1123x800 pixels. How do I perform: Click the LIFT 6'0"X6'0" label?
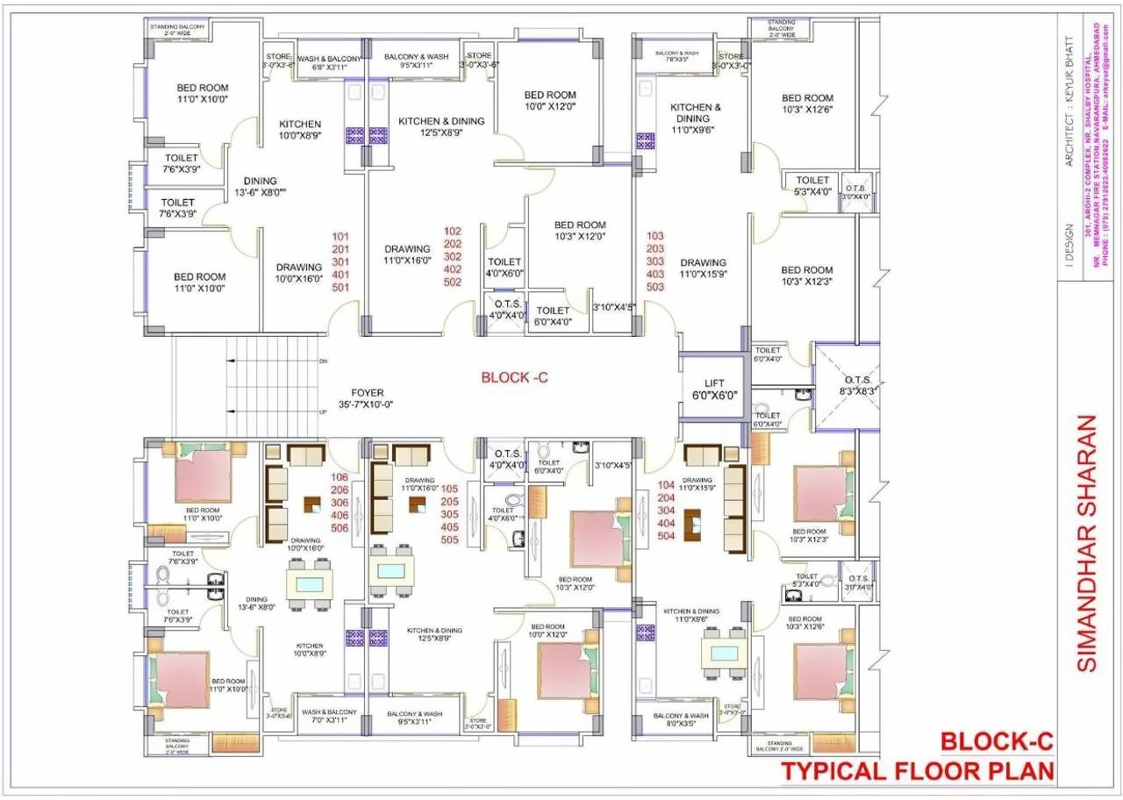(714, 389)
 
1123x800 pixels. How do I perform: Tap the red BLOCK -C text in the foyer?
(515, 377)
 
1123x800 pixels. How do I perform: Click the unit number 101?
(340, 237)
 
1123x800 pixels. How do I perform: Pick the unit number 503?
(655, 287)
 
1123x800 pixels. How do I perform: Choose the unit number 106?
(340, 477)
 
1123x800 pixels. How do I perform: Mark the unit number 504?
(666, 535)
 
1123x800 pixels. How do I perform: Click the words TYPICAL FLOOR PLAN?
(918, 772)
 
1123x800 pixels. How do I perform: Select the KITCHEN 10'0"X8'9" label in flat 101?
(300, 130)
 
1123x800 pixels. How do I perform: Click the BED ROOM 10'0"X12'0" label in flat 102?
(550, 100)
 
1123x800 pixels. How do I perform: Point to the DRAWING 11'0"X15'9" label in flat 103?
(703, 268)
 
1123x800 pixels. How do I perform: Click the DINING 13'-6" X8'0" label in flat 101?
(260, 187)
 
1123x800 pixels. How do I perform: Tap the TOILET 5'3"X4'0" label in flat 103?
(812, 185)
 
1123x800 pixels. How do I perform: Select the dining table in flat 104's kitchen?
(724, 654)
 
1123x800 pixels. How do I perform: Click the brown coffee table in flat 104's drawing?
(695, 524)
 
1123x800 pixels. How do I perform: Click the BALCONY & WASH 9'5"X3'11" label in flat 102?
(416, 61)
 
